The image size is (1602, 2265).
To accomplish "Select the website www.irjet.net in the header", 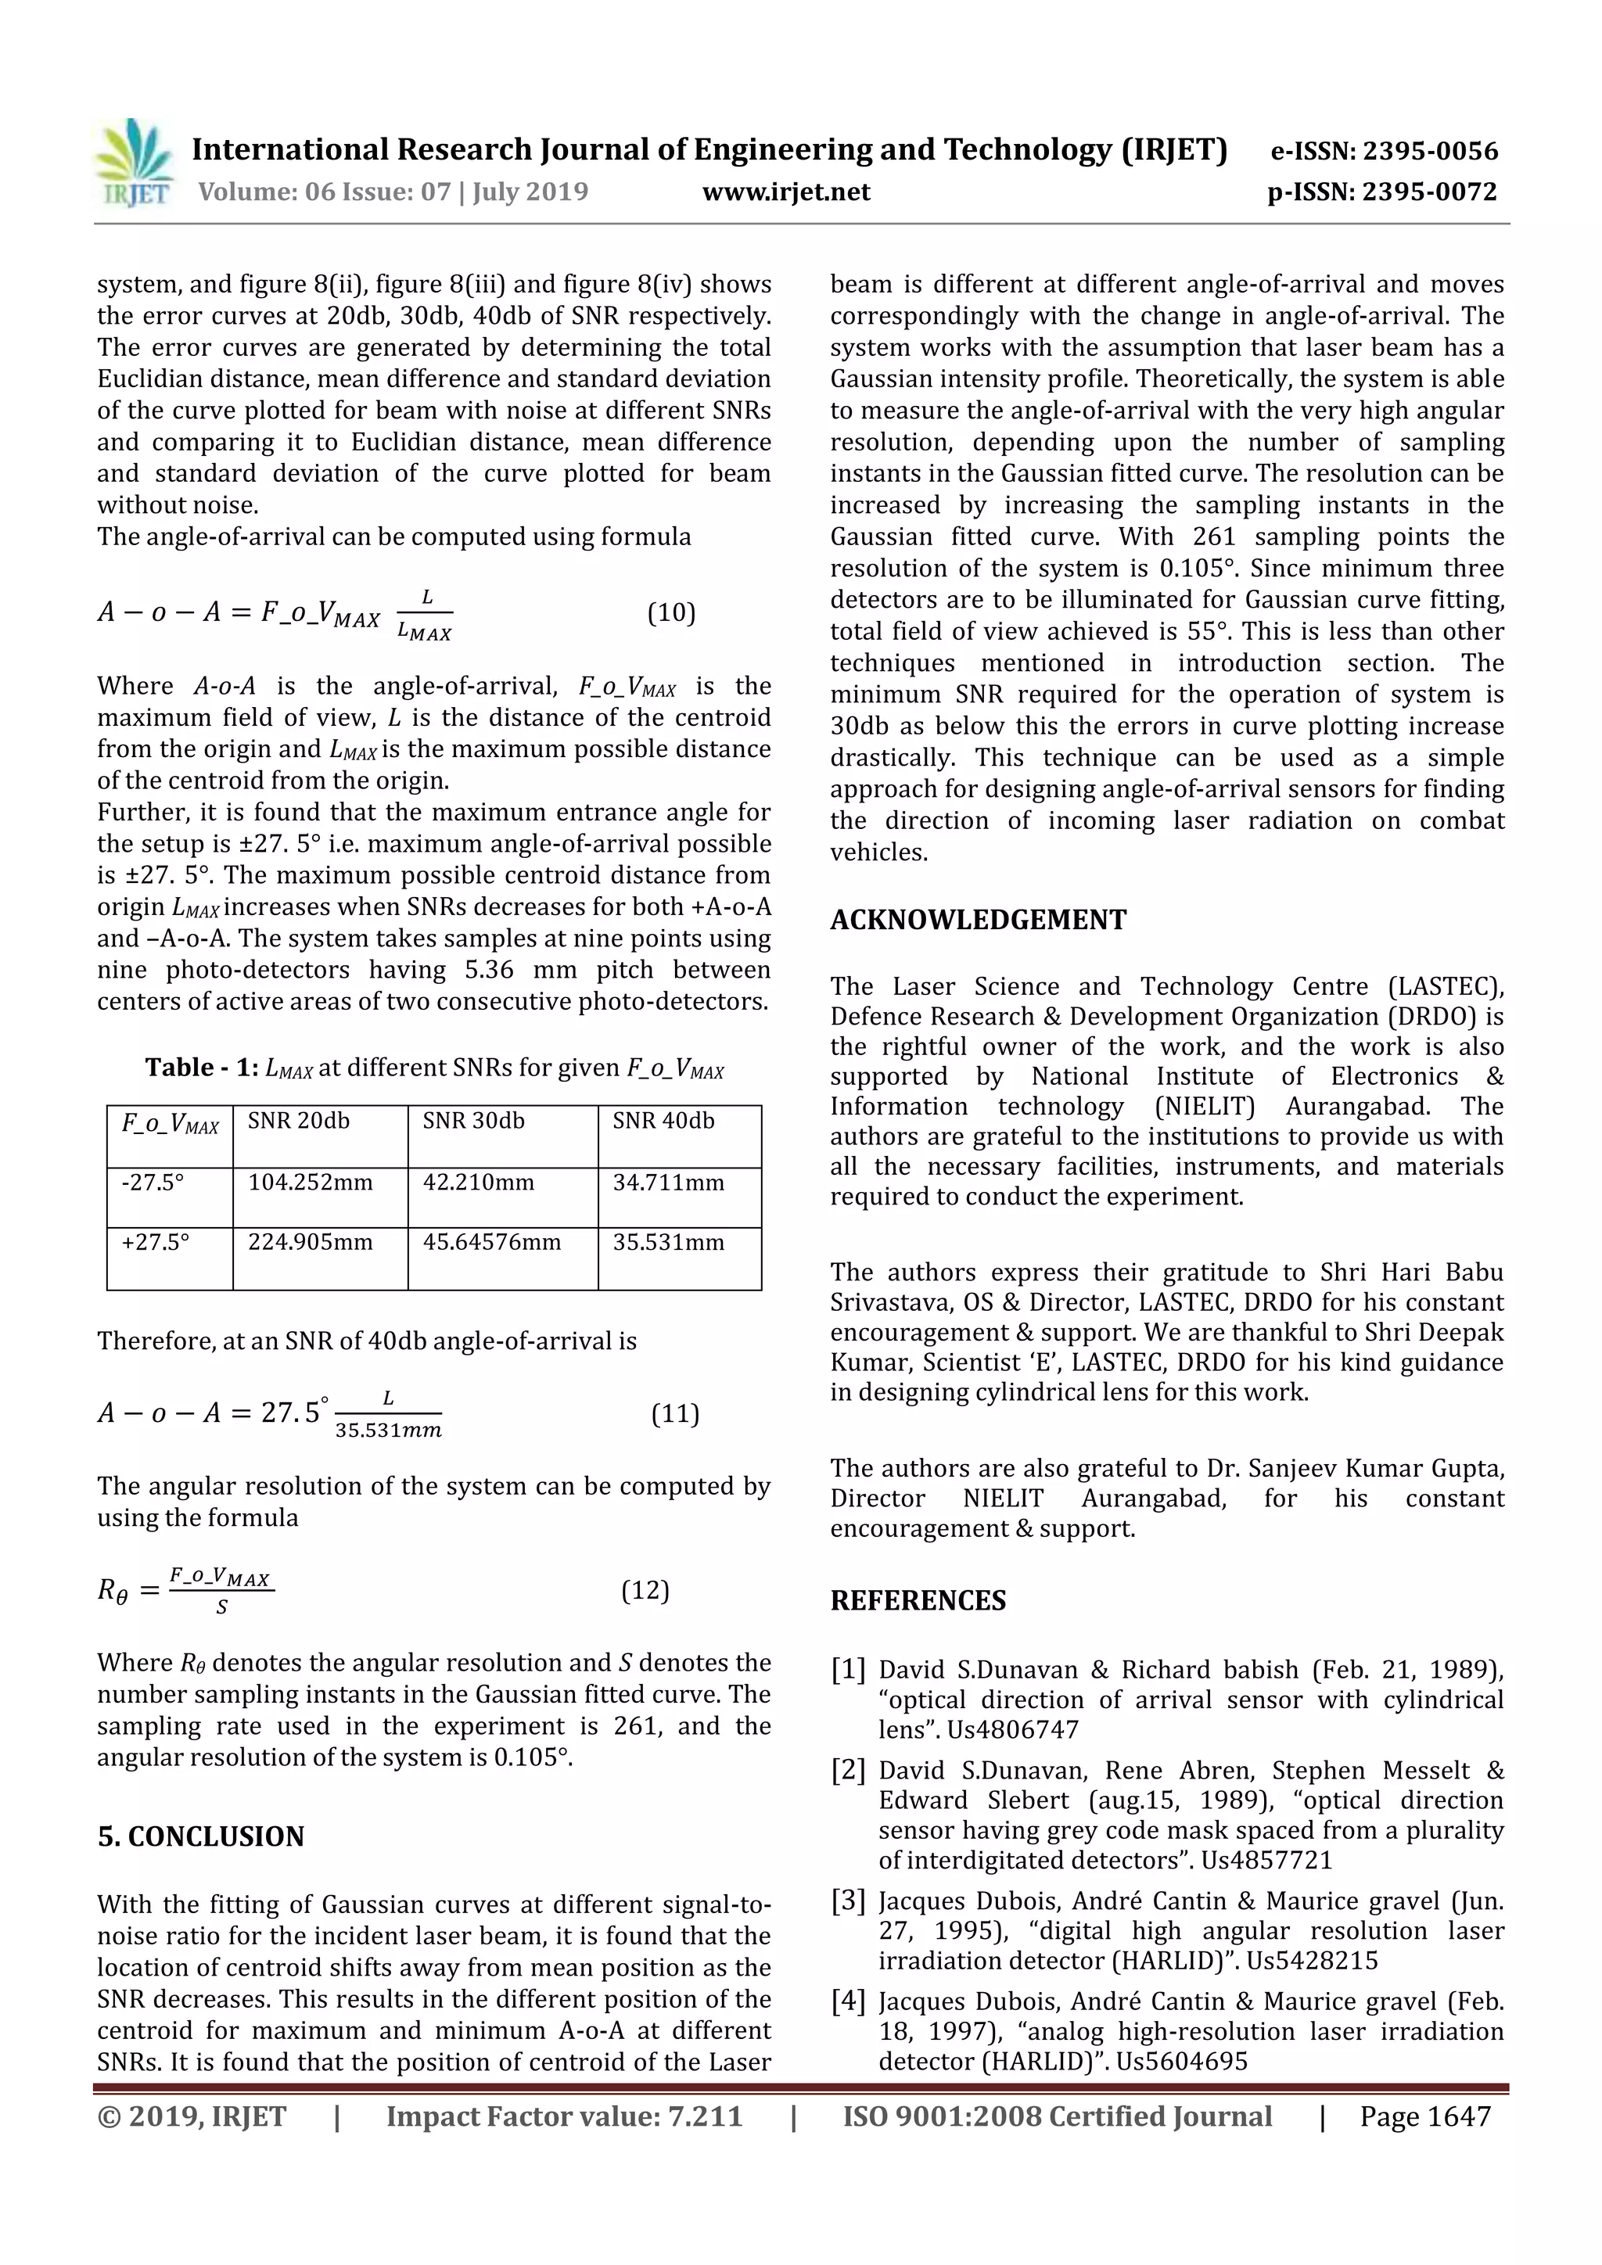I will (786, 192).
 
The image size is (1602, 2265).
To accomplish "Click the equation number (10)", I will (671, 612).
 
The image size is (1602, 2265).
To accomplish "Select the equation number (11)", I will (675, 1413).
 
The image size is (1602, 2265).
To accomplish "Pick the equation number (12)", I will (645, 1590).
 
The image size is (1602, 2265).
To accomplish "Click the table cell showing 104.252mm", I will (311, 1183).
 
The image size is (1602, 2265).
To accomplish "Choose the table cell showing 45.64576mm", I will (491, 1242).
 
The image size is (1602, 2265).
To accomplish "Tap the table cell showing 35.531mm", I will (669, 1242).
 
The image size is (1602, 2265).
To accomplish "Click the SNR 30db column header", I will (473, 1121).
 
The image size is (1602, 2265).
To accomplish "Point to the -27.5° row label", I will (153, 1183).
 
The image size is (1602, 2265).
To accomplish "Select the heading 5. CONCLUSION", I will (201, 1836).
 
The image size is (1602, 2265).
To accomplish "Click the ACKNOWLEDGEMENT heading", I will (978, 920).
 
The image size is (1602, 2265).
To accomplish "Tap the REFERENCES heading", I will (918, 1600).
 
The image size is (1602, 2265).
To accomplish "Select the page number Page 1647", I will (1424, 2116).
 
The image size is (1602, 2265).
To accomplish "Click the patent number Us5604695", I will (1182, 2061).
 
